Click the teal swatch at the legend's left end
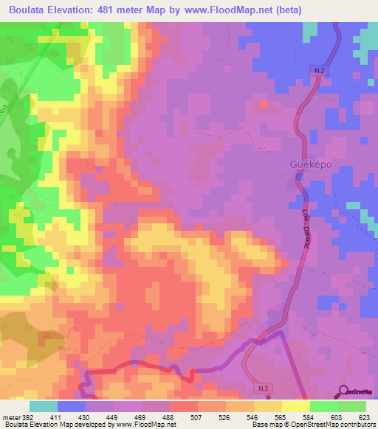[x=44, y=406]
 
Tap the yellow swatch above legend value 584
[x=296, y=406]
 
